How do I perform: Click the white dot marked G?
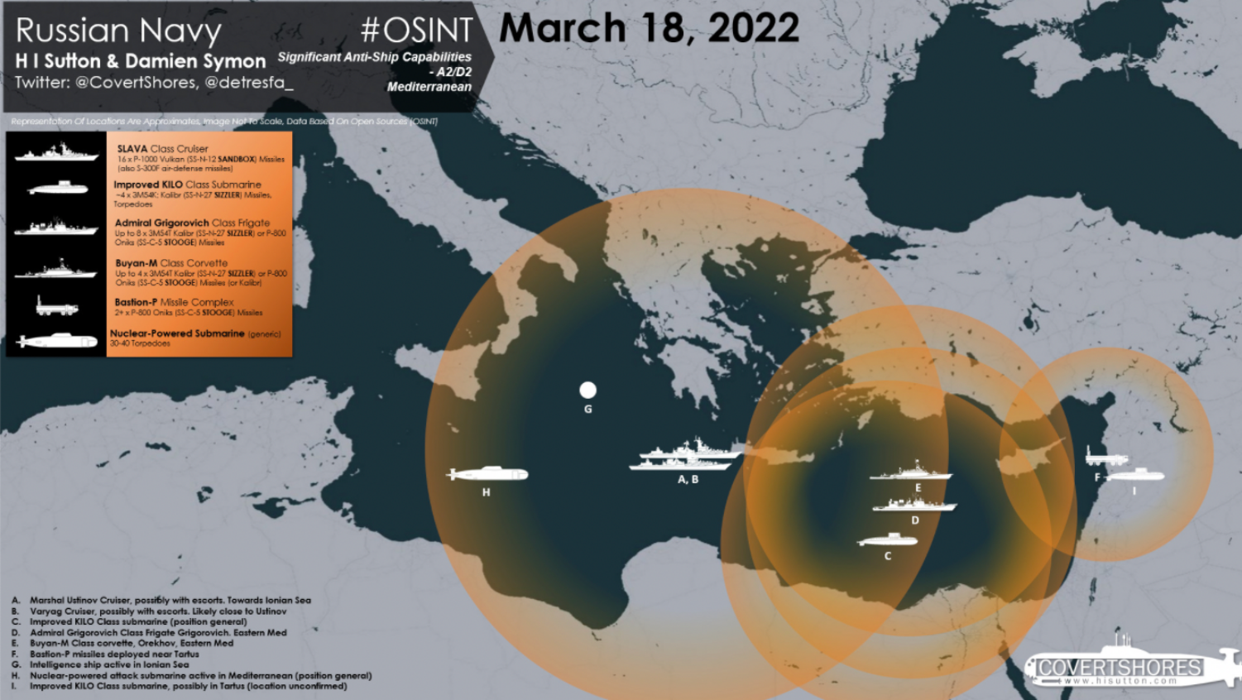pos(587,390)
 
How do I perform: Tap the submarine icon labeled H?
pos(488,474)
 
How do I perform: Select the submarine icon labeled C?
pos(887,540)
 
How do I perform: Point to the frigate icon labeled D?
pos(914,504)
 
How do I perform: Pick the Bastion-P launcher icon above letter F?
pos(1105,456)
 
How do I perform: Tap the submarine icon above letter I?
pos(1136,475)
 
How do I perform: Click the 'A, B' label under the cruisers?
pos(688,479)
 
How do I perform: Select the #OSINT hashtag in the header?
pos(416,31)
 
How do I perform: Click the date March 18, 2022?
pos(649,27)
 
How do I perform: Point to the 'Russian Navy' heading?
pos(118,31)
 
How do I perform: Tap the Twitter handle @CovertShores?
pos(137,83)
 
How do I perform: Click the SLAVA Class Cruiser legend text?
pos(163,149)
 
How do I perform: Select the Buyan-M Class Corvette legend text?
pos(171,263)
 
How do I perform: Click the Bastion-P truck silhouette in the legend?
pos(56,307)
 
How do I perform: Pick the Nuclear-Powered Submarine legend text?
pos(177,333)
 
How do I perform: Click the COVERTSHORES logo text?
pos(1120,667)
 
